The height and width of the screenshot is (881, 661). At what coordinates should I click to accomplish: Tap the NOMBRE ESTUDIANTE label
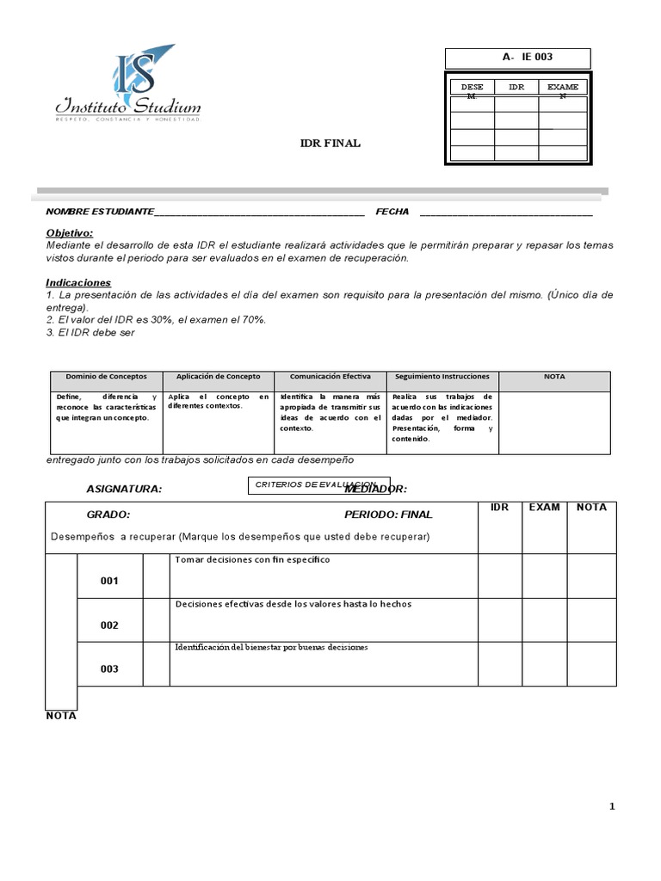100,212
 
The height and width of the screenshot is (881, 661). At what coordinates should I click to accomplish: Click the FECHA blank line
506,213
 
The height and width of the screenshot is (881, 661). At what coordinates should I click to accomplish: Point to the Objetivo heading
69,233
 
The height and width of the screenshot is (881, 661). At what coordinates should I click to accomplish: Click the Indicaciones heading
78,282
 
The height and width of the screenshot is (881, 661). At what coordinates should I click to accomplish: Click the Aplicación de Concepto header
218,377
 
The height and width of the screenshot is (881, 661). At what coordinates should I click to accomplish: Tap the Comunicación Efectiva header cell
330,377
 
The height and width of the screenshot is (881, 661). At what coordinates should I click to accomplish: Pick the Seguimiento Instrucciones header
442,377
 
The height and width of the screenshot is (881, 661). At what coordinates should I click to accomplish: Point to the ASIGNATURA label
124,489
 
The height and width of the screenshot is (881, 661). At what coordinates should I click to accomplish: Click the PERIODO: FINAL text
388,514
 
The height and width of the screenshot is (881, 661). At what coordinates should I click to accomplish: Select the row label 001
109,581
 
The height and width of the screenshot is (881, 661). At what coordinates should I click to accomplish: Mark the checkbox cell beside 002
156,620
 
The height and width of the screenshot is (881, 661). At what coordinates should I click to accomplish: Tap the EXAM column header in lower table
544,508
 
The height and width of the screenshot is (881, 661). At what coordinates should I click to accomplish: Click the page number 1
612,806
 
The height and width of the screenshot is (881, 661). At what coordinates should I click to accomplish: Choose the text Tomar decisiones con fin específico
252,559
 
